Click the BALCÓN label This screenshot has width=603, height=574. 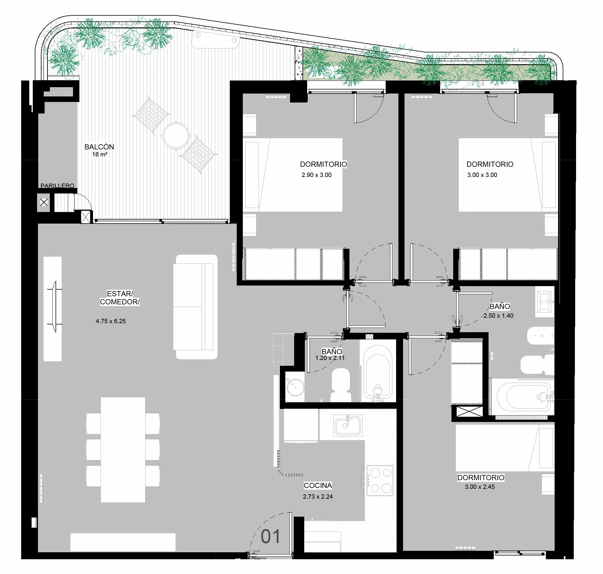click(x=99, y=147)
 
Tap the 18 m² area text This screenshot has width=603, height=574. click(x=100, y=155)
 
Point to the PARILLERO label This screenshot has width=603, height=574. click(x=58, y=186)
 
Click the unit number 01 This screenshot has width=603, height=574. click(x=271, y=536)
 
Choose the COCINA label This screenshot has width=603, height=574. click(x=318, y=485)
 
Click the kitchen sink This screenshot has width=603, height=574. click(x=348, y=426)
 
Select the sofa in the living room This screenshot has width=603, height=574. click(x=195, y=307)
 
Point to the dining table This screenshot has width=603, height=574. click(x=123, y=450)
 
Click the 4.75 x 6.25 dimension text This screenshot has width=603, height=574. click(x=111, y=321)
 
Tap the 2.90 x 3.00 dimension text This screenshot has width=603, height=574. click(x=316, y=175)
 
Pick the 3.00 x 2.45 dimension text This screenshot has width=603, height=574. click(x=480, y=487)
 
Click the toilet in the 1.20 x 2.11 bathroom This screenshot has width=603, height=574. click(x=340, y=385)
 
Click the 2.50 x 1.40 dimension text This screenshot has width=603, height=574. click(x=498, y=315)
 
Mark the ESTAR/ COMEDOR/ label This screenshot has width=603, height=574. click(x=120, y=298)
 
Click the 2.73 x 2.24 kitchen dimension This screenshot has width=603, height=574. click(x=318, y=497)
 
